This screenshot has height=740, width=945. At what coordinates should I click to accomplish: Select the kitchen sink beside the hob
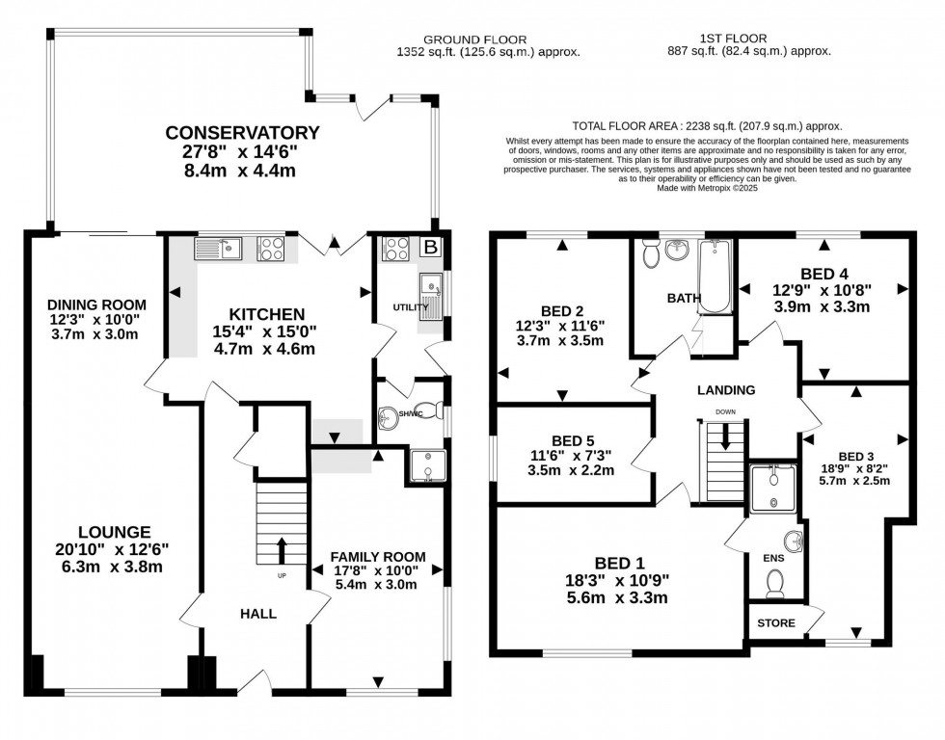pos(217,249)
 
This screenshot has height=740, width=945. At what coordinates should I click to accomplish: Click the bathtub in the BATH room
pos(714,277)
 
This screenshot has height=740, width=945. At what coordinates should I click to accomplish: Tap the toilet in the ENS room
pos(774,583)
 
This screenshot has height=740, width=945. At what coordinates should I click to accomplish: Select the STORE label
pos(776,623)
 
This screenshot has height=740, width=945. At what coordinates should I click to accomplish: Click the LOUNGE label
pos(115,531)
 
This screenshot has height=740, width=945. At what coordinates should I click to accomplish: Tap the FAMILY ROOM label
pos(378,557)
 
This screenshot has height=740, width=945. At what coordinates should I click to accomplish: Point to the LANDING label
pos(726,390)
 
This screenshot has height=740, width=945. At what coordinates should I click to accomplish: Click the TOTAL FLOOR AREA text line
pos(707,126)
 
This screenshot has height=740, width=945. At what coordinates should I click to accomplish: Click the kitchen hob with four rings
pos(270,249)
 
